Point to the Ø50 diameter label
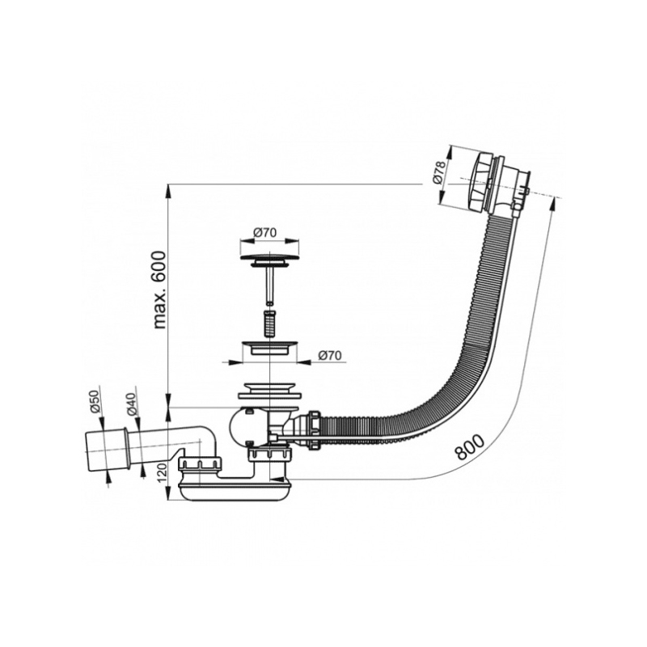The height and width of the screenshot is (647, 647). click(x=94, y=403)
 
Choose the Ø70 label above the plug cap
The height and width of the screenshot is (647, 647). click(x=265, y=232)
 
